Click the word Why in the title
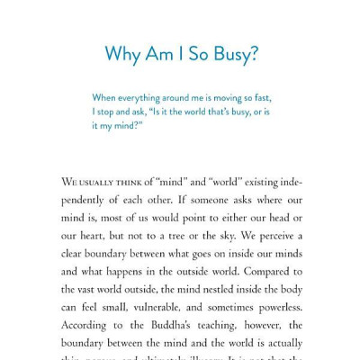pyautogui.click(x=122, y=54)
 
